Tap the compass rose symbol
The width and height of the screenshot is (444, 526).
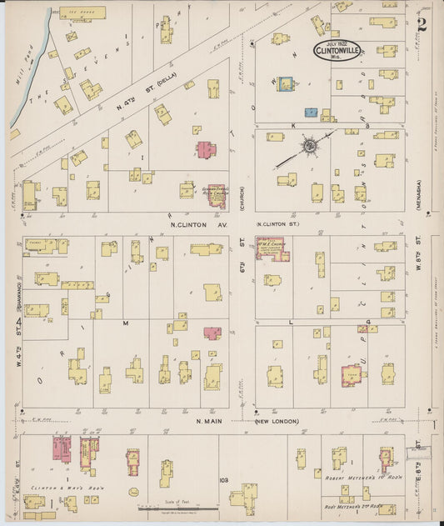[309, 147]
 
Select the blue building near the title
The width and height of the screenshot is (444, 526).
[287, 85]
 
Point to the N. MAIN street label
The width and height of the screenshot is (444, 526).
[209, 421]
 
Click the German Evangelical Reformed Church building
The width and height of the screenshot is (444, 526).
[216, 196]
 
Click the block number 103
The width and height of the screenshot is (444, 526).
[222, 480]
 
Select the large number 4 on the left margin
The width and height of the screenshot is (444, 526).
[17, 323]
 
